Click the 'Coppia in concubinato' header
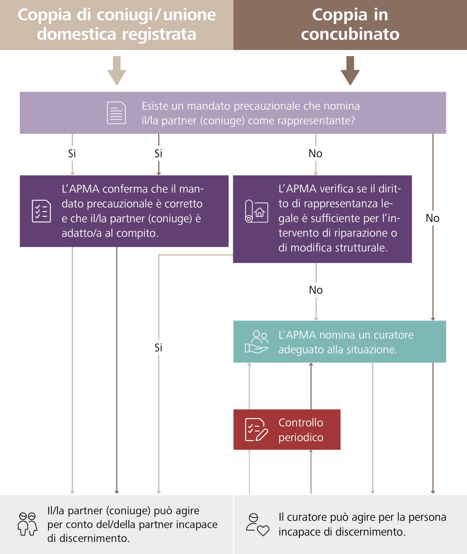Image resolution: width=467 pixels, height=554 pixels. pos(350,24)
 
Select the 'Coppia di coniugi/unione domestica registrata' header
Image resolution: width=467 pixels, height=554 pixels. pos(117,24)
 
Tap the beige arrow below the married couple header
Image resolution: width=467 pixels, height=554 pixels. pos(117,71)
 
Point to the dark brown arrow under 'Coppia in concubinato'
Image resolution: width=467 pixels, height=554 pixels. pos(350,71)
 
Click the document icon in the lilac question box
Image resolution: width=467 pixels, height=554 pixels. pos(116,113)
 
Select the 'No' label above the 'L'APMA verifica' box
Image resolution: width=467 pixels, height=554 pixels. pos(315,154)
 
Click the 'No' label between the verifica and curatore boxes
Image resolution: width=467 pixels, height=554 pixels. pos(315,290)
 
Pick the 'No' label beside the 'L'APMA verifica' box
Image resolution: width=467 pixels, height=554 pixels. pos(432,218)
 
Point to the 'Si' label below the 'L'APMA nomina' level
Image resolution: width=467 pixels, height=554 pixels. pos(158,348)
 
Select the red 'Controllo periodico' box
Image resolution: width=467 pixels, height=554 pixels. pos(287,430)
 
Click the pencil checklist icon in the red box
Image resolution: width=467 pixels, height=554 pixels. pos(256,430)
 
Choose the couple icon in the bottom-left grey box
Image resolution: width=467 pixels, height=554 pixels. pos(27,524)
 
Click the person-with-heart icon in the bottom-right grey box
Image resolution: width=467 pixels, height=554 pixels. pos(257,525)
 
